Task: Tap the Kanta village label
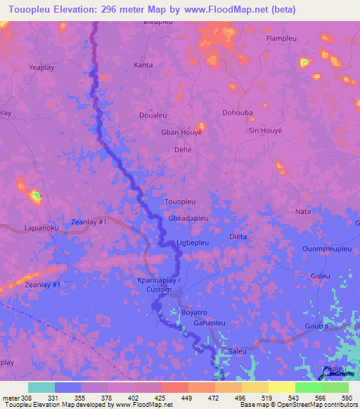click(x=143, y=65)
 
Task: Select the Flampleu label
click(x=283, y=39)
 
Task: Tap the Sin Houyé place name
click(x=265, y=131)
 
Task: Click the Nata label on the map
click(x=303, y=211)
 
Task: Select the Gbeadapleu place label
click(x=188, y=219)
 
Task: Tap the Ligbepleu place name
click(x=193, y=242)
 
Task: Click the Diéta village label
click(x=238, y=237)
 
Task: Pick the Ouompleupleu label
click(x=326, y=249)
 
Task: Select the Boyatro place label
click(x=194, y=311)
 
